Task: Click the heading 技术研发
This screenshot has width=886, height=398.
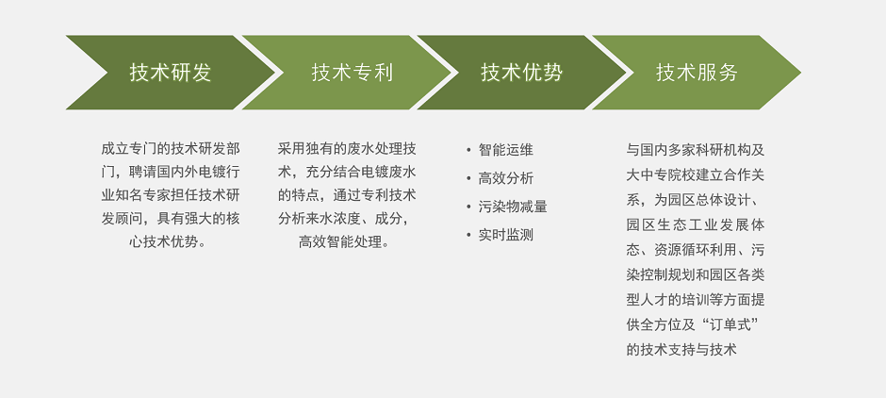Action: [x=171, y=73]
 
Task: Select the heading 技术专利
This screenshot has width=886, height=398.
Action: [x=353, y=73]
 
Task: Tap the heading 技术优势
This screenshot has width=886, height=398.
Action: [x=522, y=73]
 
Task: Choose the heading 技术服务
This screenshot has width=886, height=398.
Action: [x=697, y=73]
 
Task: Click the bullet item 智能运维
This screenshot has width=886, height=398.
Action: [x=506, y=150]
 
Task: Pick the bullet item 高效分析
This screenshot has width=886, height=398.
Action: [x=506, y=178]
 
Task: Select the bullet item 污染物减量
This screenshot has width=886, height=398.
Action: [x=513, y=207]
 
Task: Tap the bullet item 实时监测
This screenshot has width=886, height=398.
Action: [x=506, y=235]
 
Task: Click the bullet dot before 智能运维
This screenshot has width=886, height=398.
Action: [x=468, y=150]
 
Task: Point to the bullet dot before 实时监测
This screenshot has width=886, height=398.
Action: [x=468, y=235]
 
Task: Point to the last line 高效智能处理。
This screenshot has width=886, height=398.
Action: [x=343, y=242]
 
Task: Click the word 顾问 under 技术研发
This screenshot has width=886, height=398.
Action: [x=129, y=218]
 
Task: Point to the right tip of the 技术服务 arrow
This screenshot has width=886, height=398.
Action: [x=800, y=73]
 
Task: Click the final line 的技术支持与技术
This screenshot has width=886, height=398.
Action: [x=681, y=349]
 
